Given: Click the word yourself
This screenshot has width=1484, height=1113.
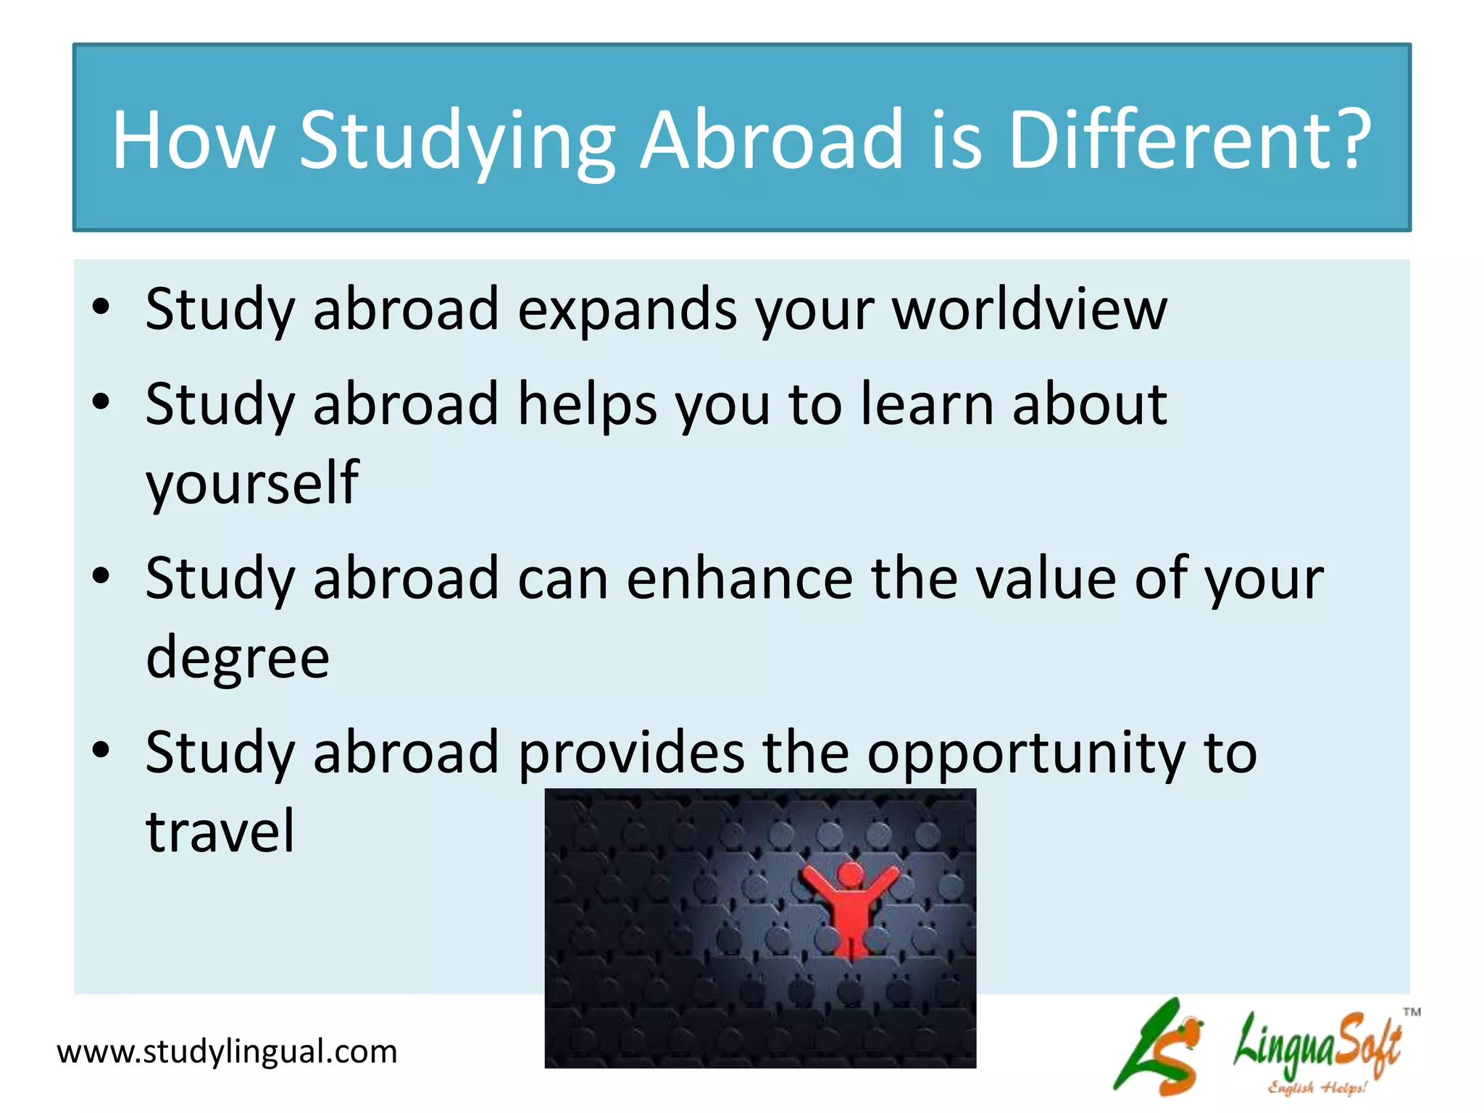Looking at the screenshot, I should tap(252, 484).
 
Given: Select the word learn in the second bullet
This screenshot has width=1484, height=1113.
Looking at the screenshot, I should tap(927, 404).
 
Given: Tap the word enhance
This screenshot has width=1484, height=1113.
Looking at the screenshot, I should tap(740, 578).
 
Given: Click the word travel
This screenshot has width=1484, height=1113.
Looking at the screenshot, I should tap(220, 830).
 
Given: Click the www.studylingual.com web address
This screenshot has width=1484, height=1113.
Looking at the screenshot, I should tap(227, 1051).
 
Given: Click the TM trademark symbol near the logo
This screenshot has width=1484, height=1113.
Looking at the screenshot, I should tap(1412, 1012).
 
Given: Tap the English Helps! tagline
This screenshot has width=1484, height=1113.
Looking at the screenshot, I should tap(1317, 1087).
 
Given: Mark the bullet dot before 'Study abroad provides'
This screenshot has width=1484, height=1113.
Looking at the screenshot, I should tap(101, 751).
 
